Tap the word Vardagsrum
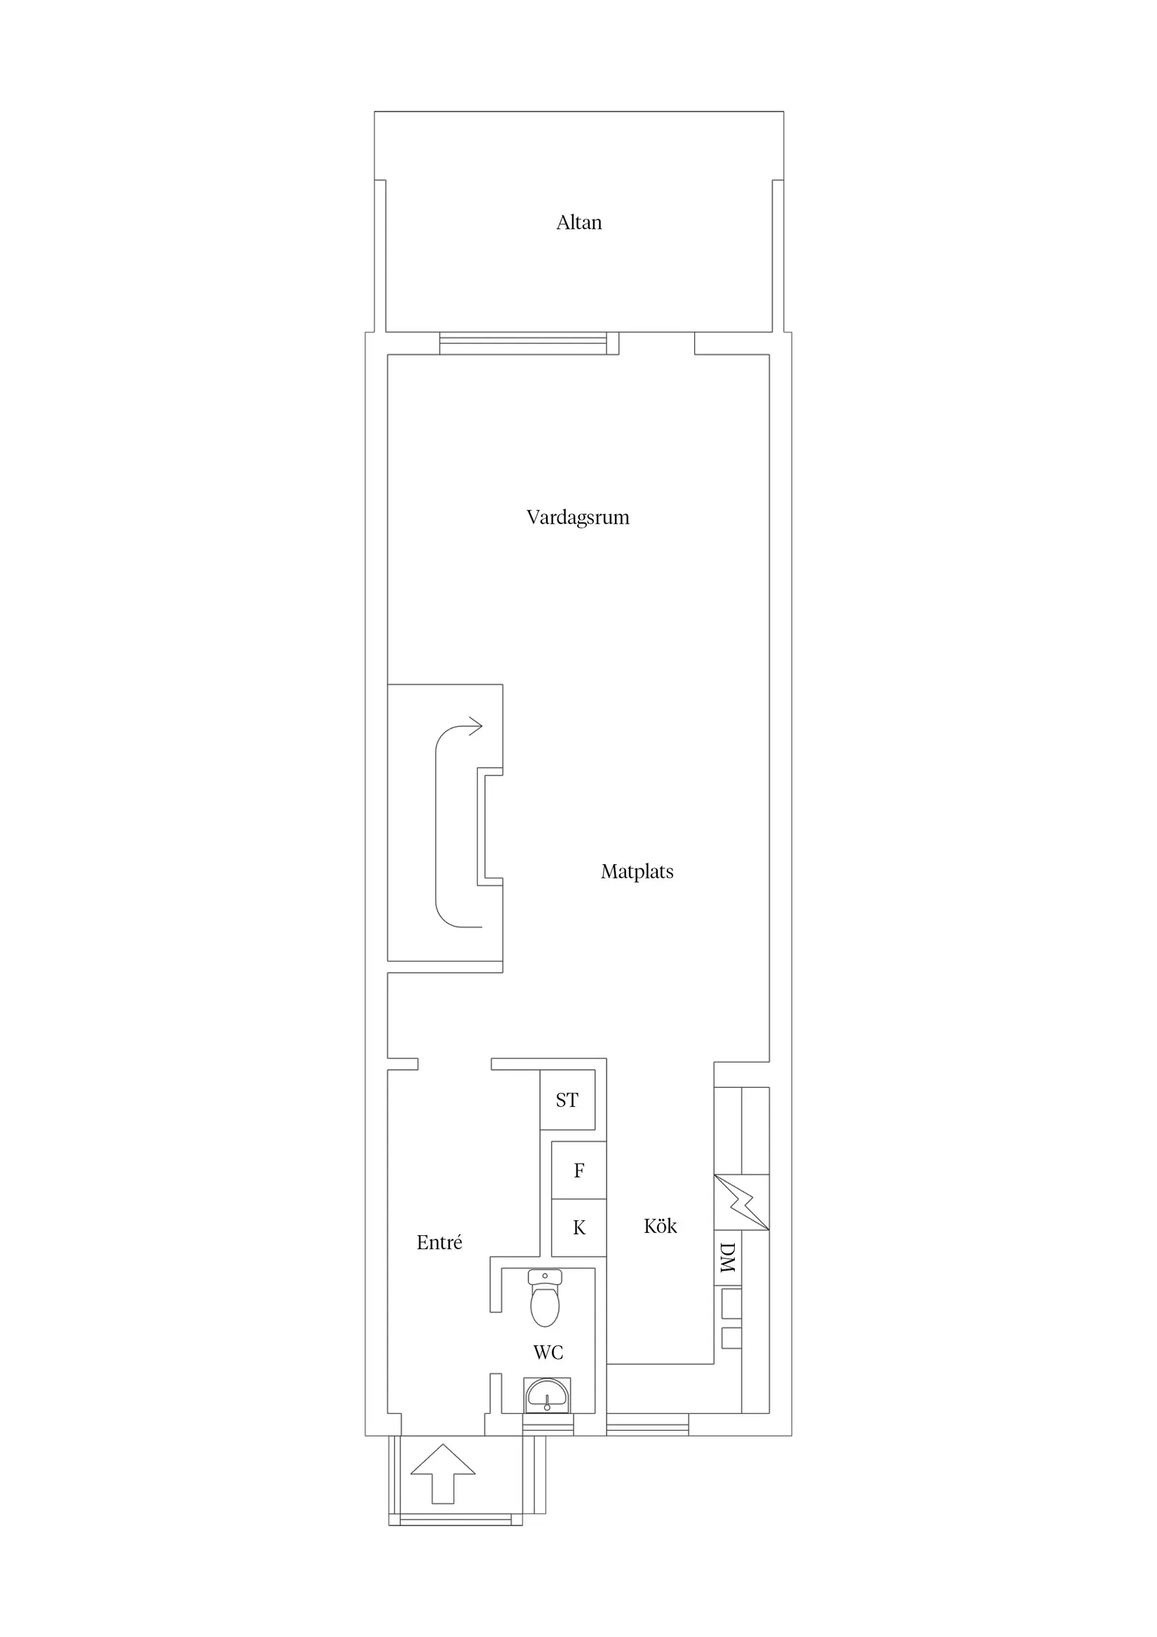tap(577, 517)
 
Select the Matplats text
tap(637, 871)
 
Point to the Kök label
tap(659, 1225)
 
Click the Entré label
tap(439, 1243)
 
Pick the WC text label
tap(548, 1352)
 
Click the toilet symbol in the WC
tap(545, 1298)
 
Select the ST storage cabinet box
tap(567, 1100)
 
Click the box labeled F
tap(579, 1170)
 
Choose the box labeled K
tap(579, 1227)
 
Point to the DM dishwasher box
tap(727, 1258)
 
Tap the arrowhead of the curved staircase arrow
tap(475, 727)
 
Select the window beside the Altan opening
tap(522, 344)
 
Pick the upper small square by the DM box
tap(731, 1303)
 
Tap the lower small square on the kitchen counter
tap(731, 1338)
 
